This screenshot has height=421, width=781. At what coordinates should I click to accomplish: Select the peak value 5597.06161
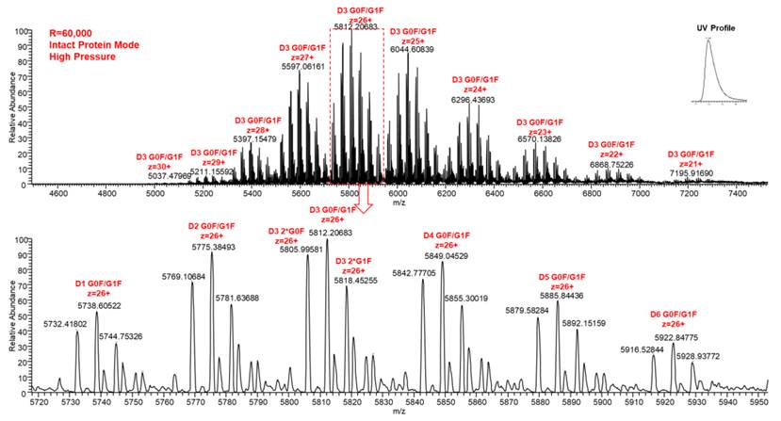[302, 67]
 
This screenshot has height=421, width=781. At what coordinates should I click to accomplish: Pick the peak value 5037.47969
[171, 175]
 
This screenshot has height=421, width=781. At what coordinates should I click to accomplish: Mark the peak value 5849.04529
[442, 255]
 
